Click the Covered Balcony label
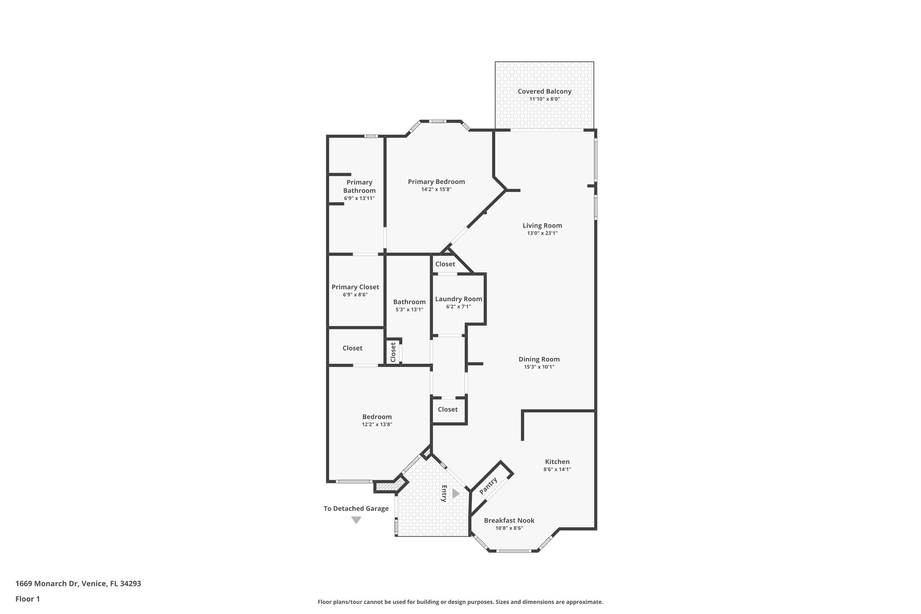[x=544, y=91]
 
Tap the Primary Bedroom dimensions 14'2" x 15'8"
[x=436, y=190]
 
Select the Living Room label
[x=542, y=226]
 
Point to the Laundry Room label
[x=458, y=299]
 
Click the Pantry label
[x=488, y=486]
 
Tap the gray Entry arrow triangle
[x=456, y=493]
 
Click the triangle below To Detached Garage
[x=356, y=520]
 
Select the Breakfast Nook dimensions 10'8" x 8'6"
[x=509, y=529]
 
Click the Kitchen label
[x=557, y=462]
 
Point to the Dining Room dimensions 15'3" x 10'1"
[x=539, y=367]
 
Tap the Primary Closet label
[x=355, y=287]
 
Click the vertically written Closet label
[x=393, y=352]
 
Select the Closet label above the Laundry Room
[x=445, y=264]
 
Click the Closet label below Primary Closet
[x=352, y=348]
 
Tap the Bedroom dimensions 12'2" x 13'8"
[x=377, y=424]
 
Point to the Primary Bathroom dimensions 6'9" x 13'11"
[x=359, y=198]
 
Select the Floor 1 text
[x=28, y=599]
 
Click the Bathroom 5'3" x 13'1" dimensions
[x=409, y=309]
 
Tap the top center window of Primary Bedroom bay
[x=437, y=121]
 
